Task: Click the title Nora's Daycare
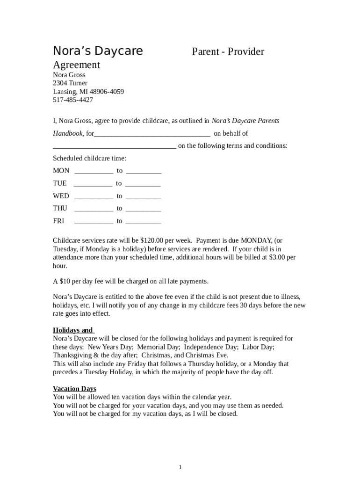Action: pyautogui.click(x=98, y=51)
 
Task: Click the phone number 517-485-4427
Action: pyautogui.click(x=72, y=100)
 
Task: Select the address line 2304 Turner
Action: pyautogui.click(x=70, y=83)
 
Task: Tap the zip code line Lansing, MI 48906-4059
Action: pyautogui.click(x=88, y=92)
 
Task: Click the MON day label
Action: pyautogui.click(x=61, y=171)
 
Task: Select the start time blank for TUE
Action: pyautogui.click(x=93, y=184)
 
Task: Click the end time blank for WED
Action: pyautogui.click(x=143, y=196)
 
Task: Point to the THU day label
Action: pyautogui.click(x=60, y=209)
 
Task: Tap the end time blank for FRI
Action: pyautogui.click(x=143, y=221)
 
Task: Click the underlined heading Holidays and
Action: pyautogui.click(x=73, y=330)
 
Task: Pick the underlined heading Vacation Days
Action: pyautogui.click(x=74, y=389)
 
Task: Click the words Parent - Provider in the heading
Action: pyautogui.click(x=228, y=51)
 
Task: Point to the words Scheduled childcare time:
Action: pyautogui.click(x=89, y=159)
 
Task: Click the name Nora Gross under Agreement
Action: pyautogui.click(x=69, y=75)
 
